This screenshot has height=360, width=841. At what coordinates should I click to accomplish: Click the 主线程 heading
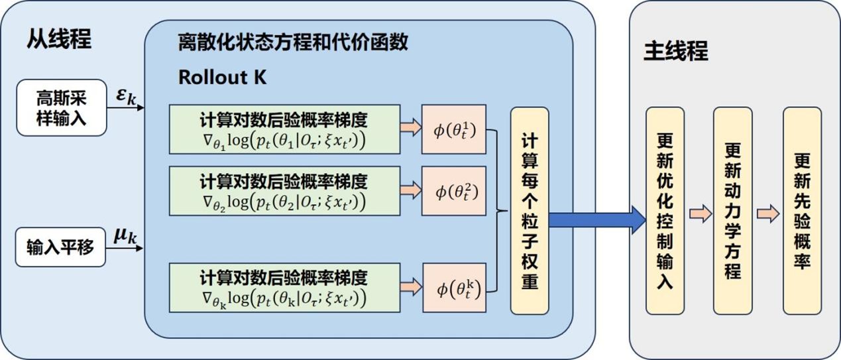(x=676, y=52)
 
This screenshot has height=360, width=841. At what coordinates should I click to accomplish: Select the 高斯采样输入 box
(x=62, y=107)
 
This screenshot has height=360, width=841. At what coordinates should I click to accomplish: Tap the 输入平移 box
(x=62, y=247)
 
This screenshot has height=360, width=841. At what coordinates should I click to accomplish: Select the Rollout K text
(x=222, y=77)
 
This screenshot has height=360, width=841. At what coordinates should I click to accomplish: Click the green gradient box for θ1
(x=284, y=129)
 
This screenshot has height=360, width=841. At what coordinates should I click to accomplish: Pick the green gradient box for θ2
(x=284, y=190)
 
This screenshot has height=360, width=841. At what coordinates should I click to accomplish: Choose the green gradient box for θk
(x=284, y=287)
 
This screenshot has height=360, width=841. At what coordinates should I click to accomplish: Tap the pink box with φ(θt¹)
(x=454, y=129)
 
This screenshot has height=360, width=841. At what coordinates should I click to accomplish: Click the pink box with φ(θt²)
(x=454, y=192)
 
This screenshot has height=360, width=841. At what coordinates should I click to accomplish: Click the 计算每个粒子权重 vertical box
(x=529, y=210)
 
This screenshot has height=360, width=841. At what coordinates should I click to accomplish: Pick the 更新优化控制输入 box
(x=665, y=210)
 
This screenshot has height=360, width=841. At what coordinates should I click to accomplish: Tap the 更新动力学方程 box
(x=732, y=210)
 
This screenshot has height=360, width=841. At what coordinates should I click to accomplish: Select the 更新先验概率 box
(x=802, y=210)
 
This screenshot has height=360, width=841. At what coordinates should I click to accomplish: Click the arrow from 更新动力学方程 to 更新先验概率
(x=767, y=213)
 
